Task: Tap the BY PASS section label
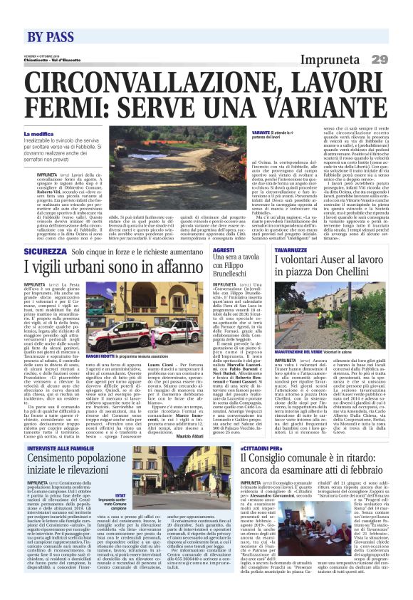51,36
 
